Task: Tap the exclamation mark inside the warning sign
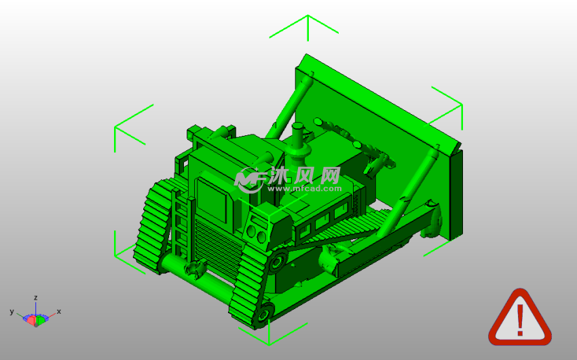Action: click(x=520, y=320)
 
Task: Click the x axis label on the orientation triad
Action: click(x=59, y=311)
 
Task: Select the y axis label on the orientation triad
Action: click(x=12, y=312)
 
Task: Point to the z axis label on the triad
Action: click(x=36, y=298)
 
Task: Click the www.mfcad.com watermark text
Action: click(x=304, y=188)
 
